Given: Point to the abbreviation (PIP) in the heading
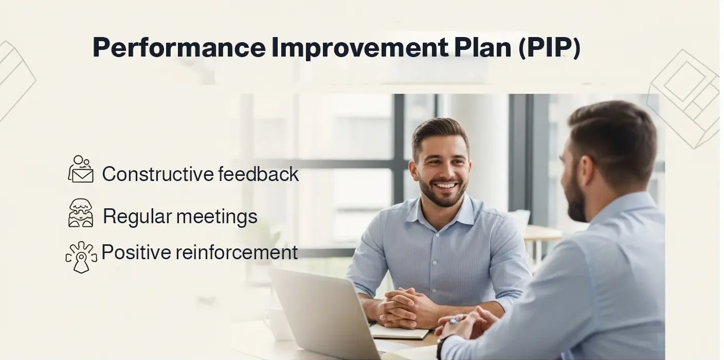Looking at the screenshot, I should (x=549, y=48).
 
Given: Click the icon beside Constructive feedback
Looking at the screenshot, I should (x=81, y=169).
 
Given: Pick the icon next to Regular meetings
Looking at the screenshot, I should (x=81, y=213).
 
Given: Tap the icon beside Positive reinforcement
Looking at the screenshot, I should (x=81, y=256).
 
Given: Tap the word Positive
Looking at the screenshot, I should (x=136, y=253).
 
